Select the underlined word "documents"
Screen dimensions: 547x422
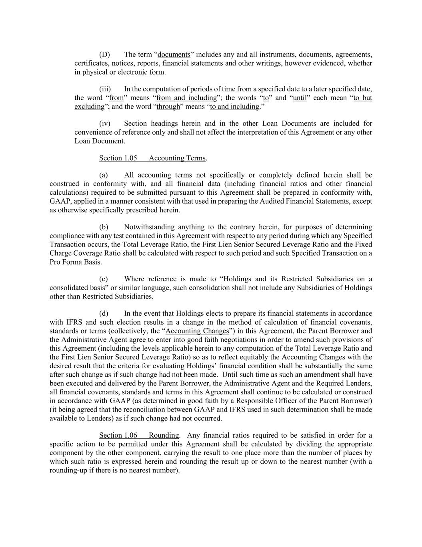[174, 54]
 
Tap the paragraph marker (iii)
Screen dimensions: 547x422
[105, 89]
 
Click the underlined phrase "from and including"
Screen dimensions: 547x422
[186, 98]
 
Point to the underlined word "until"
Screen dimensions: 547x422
[300, 98]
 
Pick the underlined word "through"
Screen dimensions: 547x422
[168, 107]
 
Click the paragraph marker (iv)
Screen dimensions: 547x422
[105, 123]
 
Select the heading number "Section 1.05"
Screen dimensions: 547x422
[118, 158]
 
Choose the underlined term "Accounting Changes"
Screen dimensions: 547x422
[197, 331]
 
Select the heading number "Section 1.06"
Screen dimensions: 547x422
[118, 435]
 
